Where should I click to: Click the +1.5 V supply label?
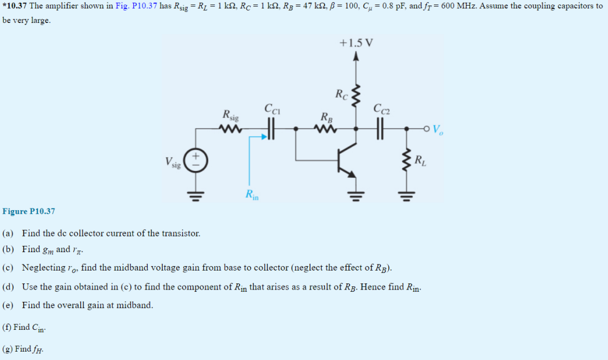coord(356,43)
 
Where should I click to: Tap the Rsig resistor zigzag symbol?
coord(230,129)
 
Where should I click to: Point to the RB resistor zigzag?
coord(325,129)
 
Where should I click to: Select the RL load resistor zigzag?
coord(406,162)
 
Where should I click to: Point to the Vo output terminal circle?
coord(427,129)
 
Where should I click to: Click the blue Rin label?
coord(252,195)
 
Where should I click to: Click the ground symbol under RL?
coord(406,195)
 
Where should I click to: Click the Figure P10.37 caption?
coord(29,211)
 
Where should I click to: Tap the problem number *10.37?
coord(15,6)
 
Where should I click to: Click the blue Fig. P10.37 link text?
coord(134,6)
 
